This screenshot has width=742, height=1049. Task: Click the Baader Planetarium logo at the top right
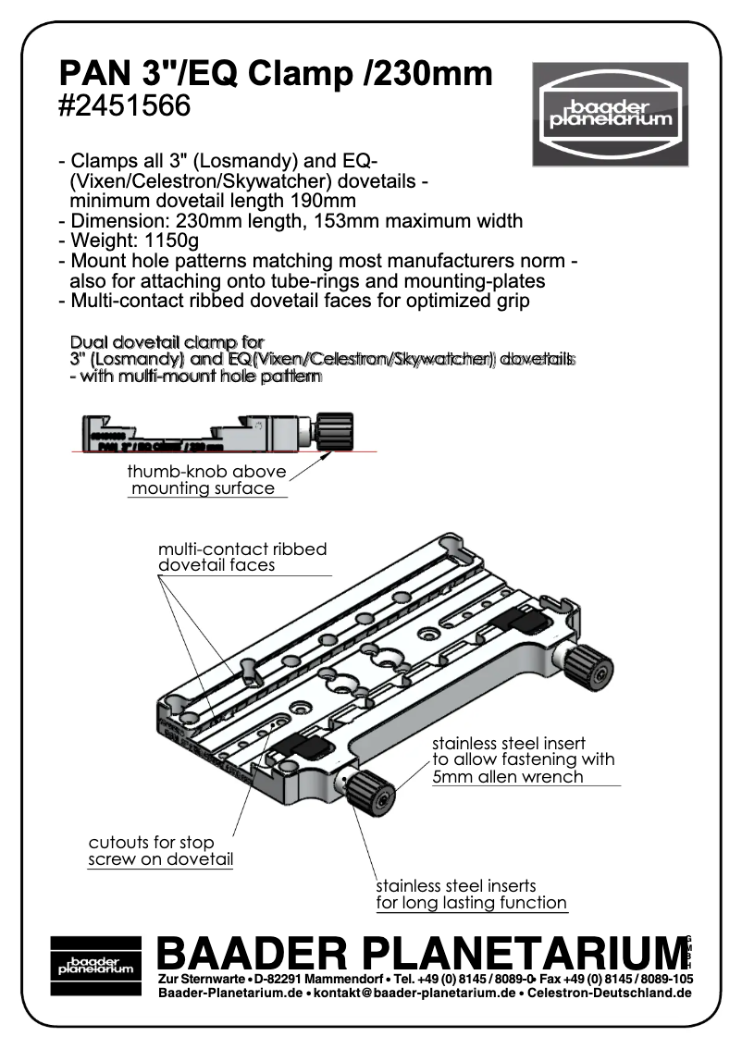tap(610, 114)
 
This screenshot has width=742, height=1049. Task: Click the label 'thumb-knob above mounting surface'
tap(205, 479)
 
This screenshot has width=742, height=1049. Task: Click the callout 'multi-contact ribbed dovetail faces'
tap(241, 556)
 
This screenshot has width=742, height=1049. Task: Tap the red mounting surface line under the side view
tap(185, 450)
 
